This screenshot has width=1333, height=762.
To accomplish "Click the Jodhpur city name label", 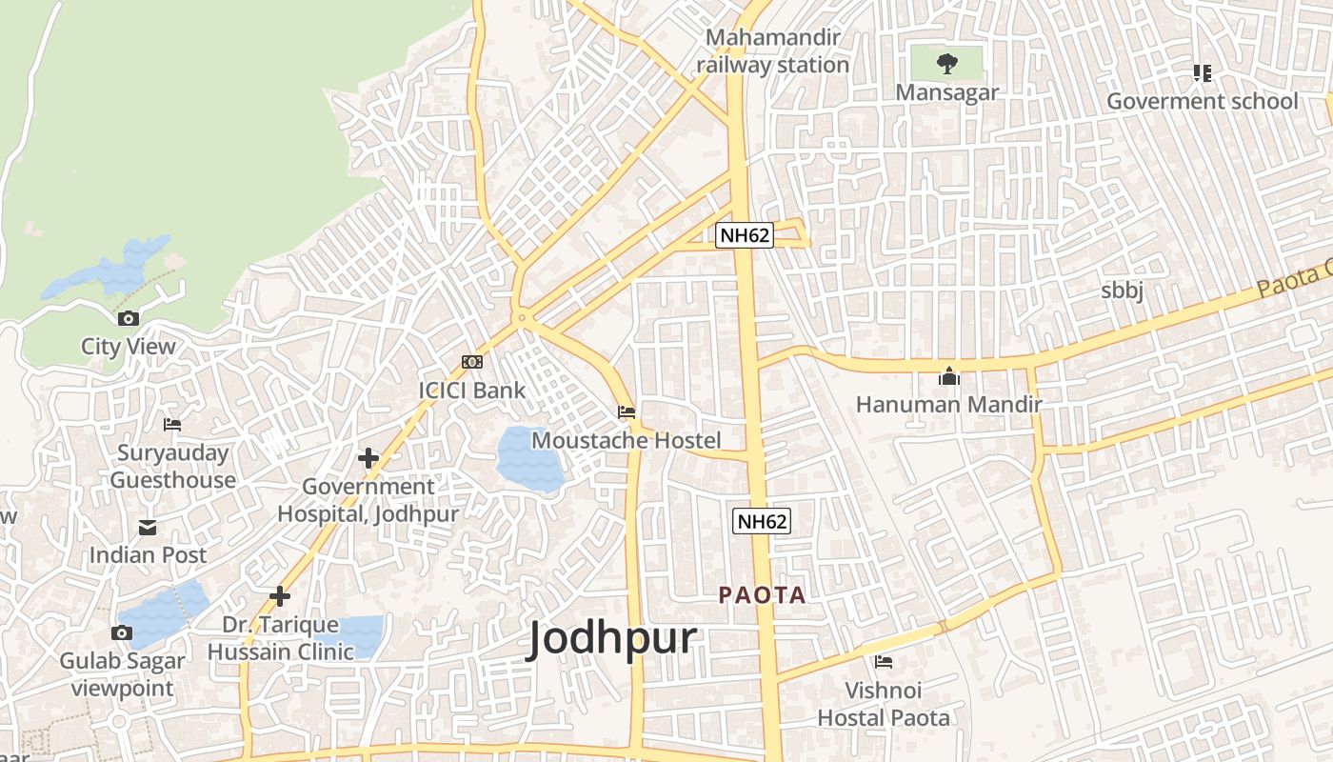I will pyautogui.click(x=612, y=638).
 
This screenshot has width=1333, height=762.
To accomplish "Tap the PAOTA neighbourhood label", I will pyautogui.click(x=762, y=595).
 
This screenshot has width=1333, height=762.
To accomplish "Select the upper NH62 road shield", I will pyautogui.click(x=744, y=234).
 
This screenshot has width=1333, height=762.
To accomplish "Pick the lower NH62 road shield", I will pyautogui.click(x=762, y=521).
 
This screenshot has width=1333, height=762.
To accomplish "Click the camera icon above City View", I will pyautogui.click(x=128, y=318).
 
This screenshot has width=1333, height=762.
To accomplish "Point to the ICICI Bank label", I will pyautogui.click(x=471, y=390).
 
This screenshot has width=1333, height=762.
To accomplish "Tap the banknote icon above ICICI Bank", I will pyautogui.click(x=471, y=362).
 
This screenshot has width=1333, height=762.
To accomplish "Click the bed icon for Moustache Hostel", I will pyautogui.click(x=627, y=412).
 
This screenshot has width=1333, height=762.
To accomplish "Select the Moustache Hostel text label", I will pyautogui.click(x=626, y=440).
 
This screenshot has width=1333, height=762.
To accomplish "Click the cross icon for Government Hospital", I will pyautogui.click(x=368, y=458).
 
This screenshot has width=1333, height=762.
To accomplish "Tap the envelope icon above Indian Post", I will pyautogui.click(x=148, y=527).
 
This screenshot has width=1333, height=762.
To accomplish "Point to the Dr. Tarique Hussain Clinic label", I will pyautogui.click(x=280, y=638).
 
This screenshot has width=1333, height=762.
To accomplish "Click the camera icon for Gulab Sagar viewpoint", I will pyautogui.click(x=122, y=632).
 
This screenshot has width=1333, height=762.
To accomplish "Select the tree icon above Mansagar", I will pyautogui.click(x=946, y=64).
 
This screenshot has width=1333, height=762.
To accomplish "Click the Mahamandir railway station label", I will pyautogui.click(x=772, y=51).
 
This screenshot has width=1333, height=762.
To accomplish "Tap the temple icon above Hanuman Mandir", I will pyautogui.click(x=948, y=376).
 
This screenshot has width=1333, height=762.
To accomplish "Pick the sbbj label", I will pyautogui.click(x=1122, y=291).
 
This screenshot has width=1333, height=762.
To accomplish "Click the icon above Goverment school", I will pyautogui.click(x=1202, y=73).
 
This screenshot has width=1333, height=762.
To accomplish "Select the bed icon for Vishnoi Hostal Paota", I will pyautogui.click(x=884, y=661).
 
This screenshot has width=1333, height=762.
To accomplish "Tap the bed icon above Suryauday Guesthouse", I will pyautogui.click(x=172, y=425).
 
